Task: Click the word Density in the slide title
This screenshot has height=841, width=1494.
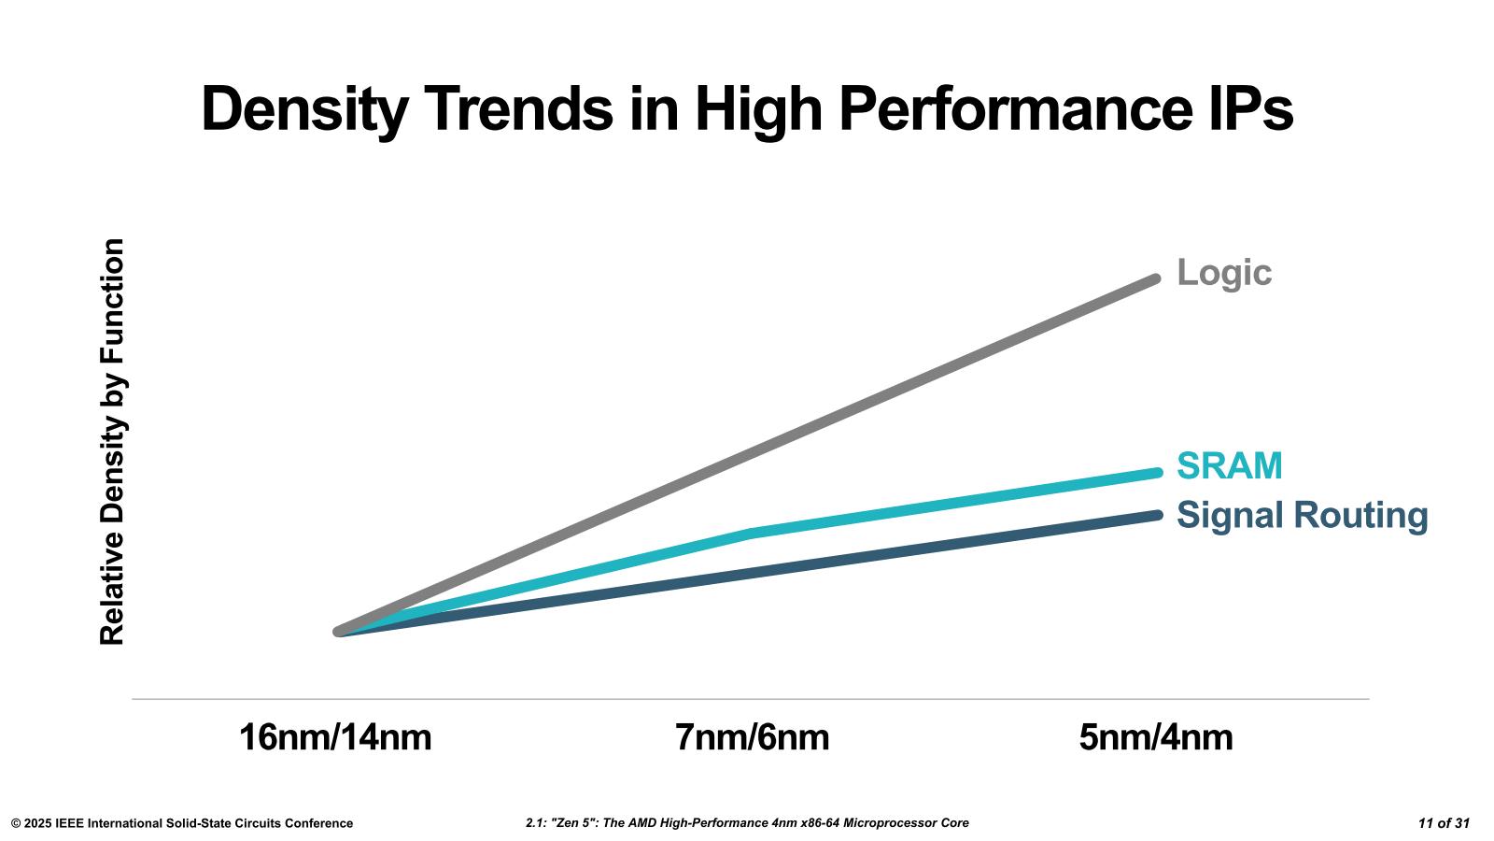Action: pyautogui.click(x=304, y=109)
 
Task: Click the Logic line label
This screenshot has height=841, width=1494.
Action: pyautogui.click(x=1223, y=273)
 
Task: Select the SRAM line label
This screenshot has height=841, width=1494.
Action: pyautogui.click(x=1229, y=465)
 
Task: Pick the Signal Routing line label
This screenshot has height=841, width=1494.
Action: pyautogui.click(x=1302, y=515)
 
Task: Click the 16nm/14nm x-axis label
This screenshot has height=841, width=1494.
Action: pyautogui.click(x=335, y=737)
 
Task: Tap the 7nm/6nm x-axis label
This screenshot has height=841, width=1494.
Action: pyautogui.click(x=752, y=737)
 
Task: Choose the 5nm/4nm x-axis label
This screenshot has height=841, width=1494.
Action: pyautogui.click(x=1155, y=737)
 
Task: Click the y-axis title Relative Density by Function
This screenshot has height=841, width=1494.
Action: pyautogui.click(x=112, y=442)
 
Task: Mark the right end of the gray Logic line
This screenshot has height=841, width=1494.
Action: pyautogui.click(x=1156, y=278)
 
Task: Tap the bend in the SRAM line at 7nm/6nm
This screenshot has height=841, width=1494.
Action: pyautogui.click(x=752, y=534)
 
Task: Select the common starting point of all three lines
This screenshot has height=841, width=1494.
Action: pyautogui.click(x=339, y=632)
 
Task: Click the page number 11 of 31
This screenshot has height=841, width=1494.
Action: pyautogui.click(x=1444, y=823)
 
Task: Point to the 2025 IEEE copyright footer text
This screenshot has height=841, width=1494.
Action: pyautogui.click(x=182, y=823)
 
